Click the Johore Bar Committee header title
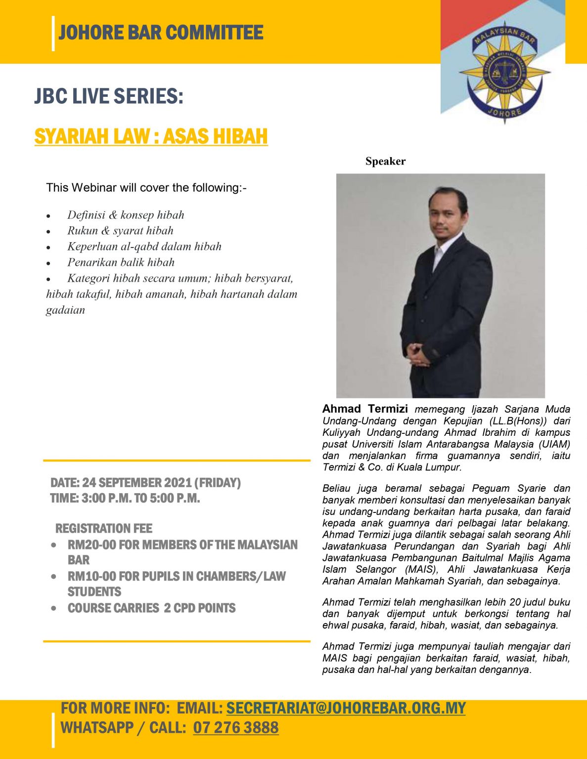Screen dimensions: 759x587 tap(161, 33)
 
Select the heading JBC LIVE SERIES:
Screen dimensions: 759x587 tap(109, 96)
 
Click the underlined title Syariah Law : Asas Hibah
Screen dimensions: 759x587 tap(151, 136)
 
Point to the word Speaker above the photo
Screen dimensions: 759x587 tap(385, 161)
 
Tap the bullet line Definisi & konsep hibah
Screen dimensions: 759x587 tap(126, 215)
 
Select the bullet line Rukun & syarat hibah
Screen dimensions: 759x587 tap(120, 231)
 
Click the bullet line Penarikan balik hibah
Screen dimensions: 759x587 tap(121, 262)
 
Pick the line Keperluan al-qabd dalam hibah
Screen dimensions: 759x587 tap(144, 247)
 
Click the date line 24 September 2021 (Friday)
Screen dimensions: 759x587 tap(145, 483)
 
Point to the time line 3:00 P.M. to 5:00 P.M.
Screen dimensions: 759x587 tap(125, 498)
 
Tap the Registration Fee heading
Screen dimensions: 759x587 tap(104, 529)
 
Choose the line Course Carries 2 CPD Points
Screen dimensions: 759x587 tap(151, 608)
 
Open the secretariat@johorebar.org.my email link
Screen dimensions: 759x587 tap(346, 708)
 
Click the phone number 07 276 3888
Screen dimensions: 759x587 tap(235, 727)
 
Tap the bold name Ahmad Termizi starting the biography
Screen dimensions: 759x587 tap(365, 409)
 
